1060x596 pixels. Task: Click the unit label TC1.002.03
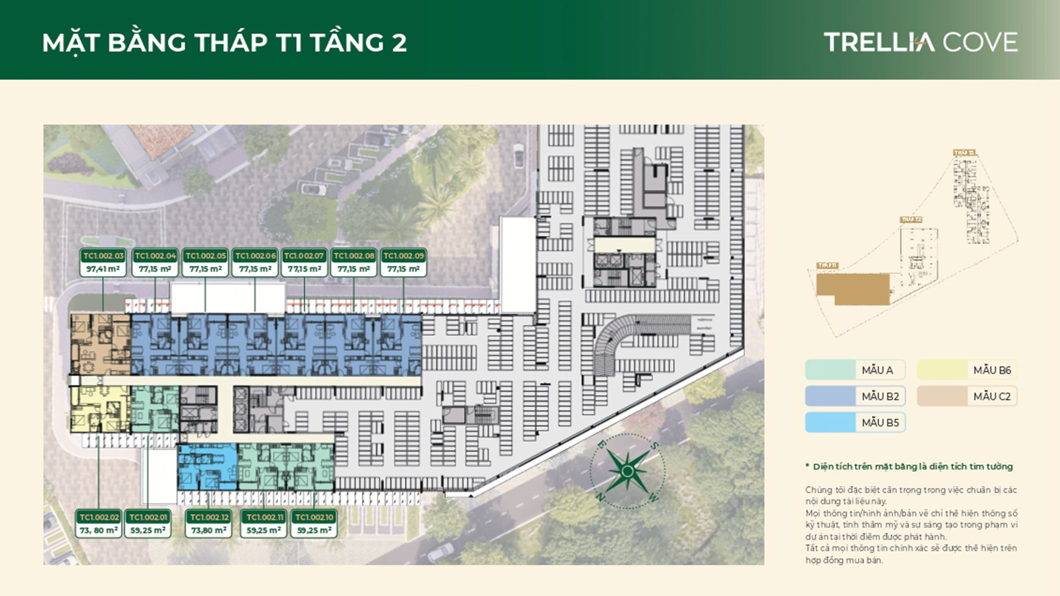[103, 256]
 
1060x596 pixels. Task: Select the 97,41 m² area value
[103, 269]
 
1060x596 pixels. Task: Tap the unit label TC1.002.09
[403, 256]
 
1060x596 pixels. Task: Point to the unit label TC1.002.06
[255, 256]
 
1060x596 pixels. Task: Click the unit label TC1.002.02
[99, 517]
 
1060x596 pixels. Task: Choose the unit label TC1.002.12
[209, 517]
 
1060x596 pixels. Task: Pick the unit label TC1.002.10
[314, 517]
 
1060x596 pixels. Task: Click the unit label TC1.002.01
[148, 517]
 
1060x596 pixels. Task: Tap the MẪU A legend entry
[854, 370]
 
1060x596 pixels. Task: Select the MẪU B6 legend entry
[967, 370]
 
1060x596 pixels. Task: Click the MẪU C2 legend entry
[967, 396]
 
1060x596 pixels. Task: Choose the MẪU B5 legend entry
[854, 422]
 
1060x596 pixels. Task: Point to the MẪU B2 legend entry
[854, 396]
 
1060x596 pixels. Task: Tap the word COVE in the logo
[980, 42]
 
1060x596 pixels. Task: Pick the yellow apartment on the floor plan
[100, 408]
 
